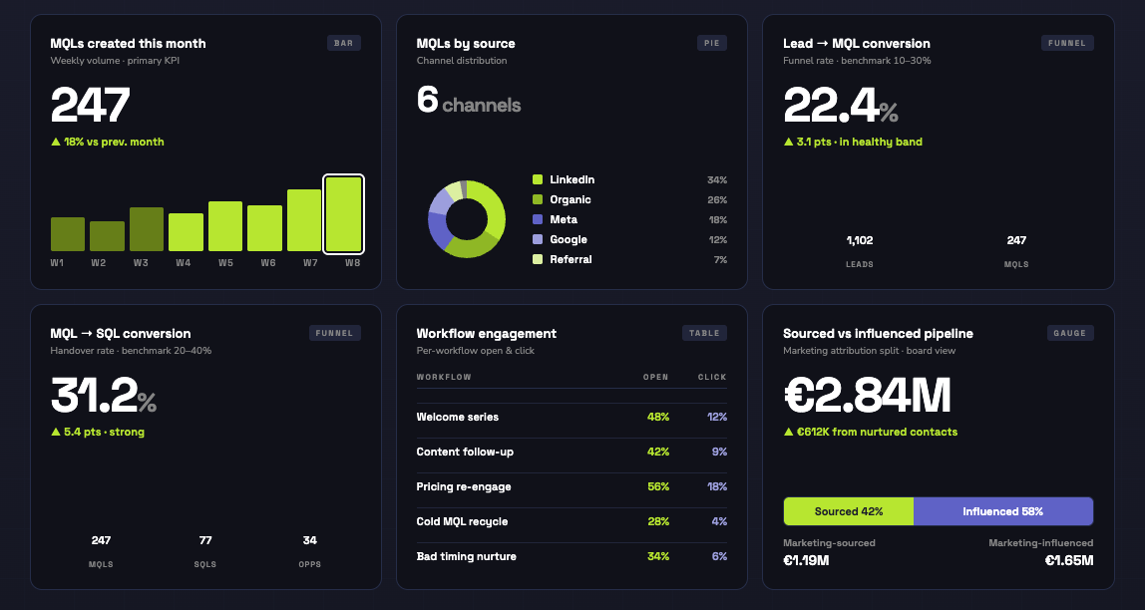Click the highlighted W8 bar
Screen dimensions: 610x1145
click(343, 213)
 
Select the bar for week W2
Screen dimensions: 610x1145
click(107, 236)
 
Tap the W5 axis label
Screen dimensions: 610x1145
click(225, 262)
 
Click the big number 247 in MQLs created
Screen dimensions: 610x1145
click(91, 106)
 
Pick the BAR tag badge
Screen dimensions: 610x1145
click(344, 43)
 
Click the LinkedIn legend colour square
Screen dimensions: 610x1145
click(538, 179)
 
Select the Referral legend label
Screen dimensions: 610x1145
click(571, 259)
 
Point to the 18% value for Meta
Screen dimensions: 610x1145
click(716, 219)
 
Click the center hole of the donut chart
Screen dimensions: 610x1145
click(466, 219)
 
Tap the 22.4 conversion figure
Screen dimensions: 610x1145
click(830, 106)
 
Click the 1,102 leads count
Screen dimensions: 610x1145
click(860, 240)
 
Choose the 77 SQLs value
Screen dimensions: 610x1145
click(205, 540)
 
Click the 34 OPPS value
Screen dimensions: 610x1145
click(310, 540)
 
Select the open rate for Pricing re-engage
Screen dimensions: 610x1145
click(657, 486)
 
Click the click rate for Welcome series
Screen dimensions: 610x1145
click(717, 417)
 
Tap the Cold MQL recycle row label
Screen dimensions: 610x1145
click(462, 521)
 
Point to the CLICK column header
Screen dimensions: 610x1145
click(712, 377)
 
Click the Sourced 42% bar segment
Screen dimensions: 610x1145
click(849, 511)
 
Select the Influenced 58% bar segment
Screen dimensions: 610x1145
click(1002, 511)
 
